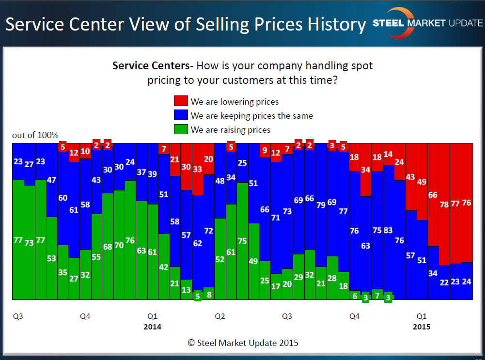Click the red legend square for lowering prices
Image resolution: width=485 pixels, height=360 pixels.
181,101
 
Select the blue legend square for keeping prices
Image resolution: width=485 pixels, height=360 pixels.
181,115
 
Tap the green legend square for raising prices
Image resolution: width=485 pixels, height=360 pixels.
181,129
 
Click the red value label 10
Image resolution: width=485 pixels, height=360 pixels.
85,151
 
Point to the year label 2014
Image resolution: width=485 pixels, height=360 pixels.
152,327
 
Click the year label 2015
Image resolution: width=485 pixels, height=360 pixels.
422,327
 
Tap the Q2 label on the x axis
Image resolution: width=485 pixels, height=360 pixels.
219,316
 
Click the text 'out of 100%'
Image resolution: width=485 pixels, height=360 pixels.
35,135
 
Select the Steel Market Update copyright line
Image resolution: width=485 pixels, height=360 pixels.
243,343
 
